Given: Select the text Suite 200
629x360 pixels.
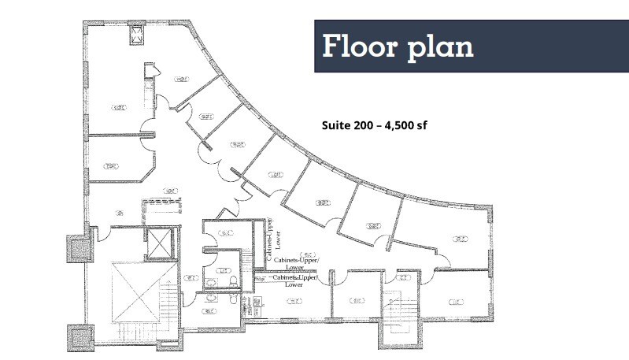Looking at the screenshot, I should [x=350, y=124].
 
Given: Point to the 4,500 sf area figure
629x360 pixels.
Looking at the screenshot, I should [x=406, y=124].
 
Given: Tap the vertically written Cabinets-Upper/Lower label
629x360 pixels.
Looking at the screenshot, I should [x=272, y=239].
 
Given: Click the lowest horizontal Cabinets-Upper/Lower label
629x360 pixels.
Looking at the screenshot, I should [x=294, y=281].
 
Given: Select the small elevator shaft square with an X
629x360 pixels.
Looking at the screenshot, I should [x=159, y=242].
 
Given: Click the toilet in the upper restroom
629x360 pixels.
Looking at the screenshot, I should [x=231, y=280].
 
